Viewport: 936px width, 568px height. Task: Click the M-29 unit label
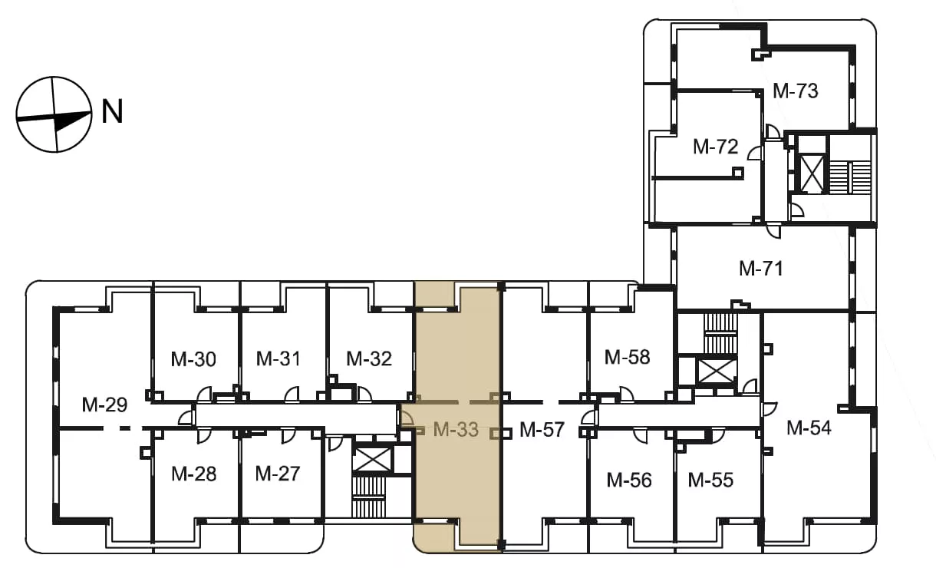pos(104,405)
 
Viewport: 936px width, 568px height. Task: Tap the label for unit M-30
pos(193,359)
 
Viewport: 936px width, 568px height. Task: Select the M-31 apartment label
pos(278,358)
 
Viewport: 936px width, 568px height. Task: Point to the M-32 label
pos(369,358)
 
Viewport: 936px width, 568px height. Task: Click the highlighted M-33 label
pos(456,429)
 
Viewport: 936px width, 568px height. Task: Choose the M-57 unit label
pos(542,429)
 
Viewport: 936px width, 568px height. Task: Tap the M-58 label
pos(628,357)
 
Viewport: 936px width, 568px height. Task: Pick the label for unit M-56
pos(629,480)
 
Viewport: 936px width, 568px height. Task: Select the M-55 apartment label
pos(710,480)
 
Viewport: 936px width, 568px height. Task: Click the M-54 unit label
pos(809,428)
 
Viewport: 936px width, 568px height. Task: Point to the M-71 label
pos(761,268)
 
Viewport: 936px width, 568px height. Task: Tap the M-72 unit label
pos(715,147)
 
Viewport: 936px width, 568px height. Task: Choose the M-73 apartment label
pos(795,91)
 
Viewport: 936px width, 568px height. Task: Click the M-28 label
pos(194,474)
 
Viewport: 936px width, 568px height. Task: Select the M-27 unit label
pos(278,474)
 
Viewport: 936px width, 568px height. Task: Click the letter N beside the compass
pos(113,111)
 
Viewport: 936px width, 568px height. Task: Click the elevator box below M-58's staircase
pos(717,372)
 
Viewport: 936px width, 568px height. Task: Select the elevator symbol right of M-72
pos(811,173)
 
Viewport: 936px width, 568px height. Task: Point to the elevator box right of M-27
pos(373,460)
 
